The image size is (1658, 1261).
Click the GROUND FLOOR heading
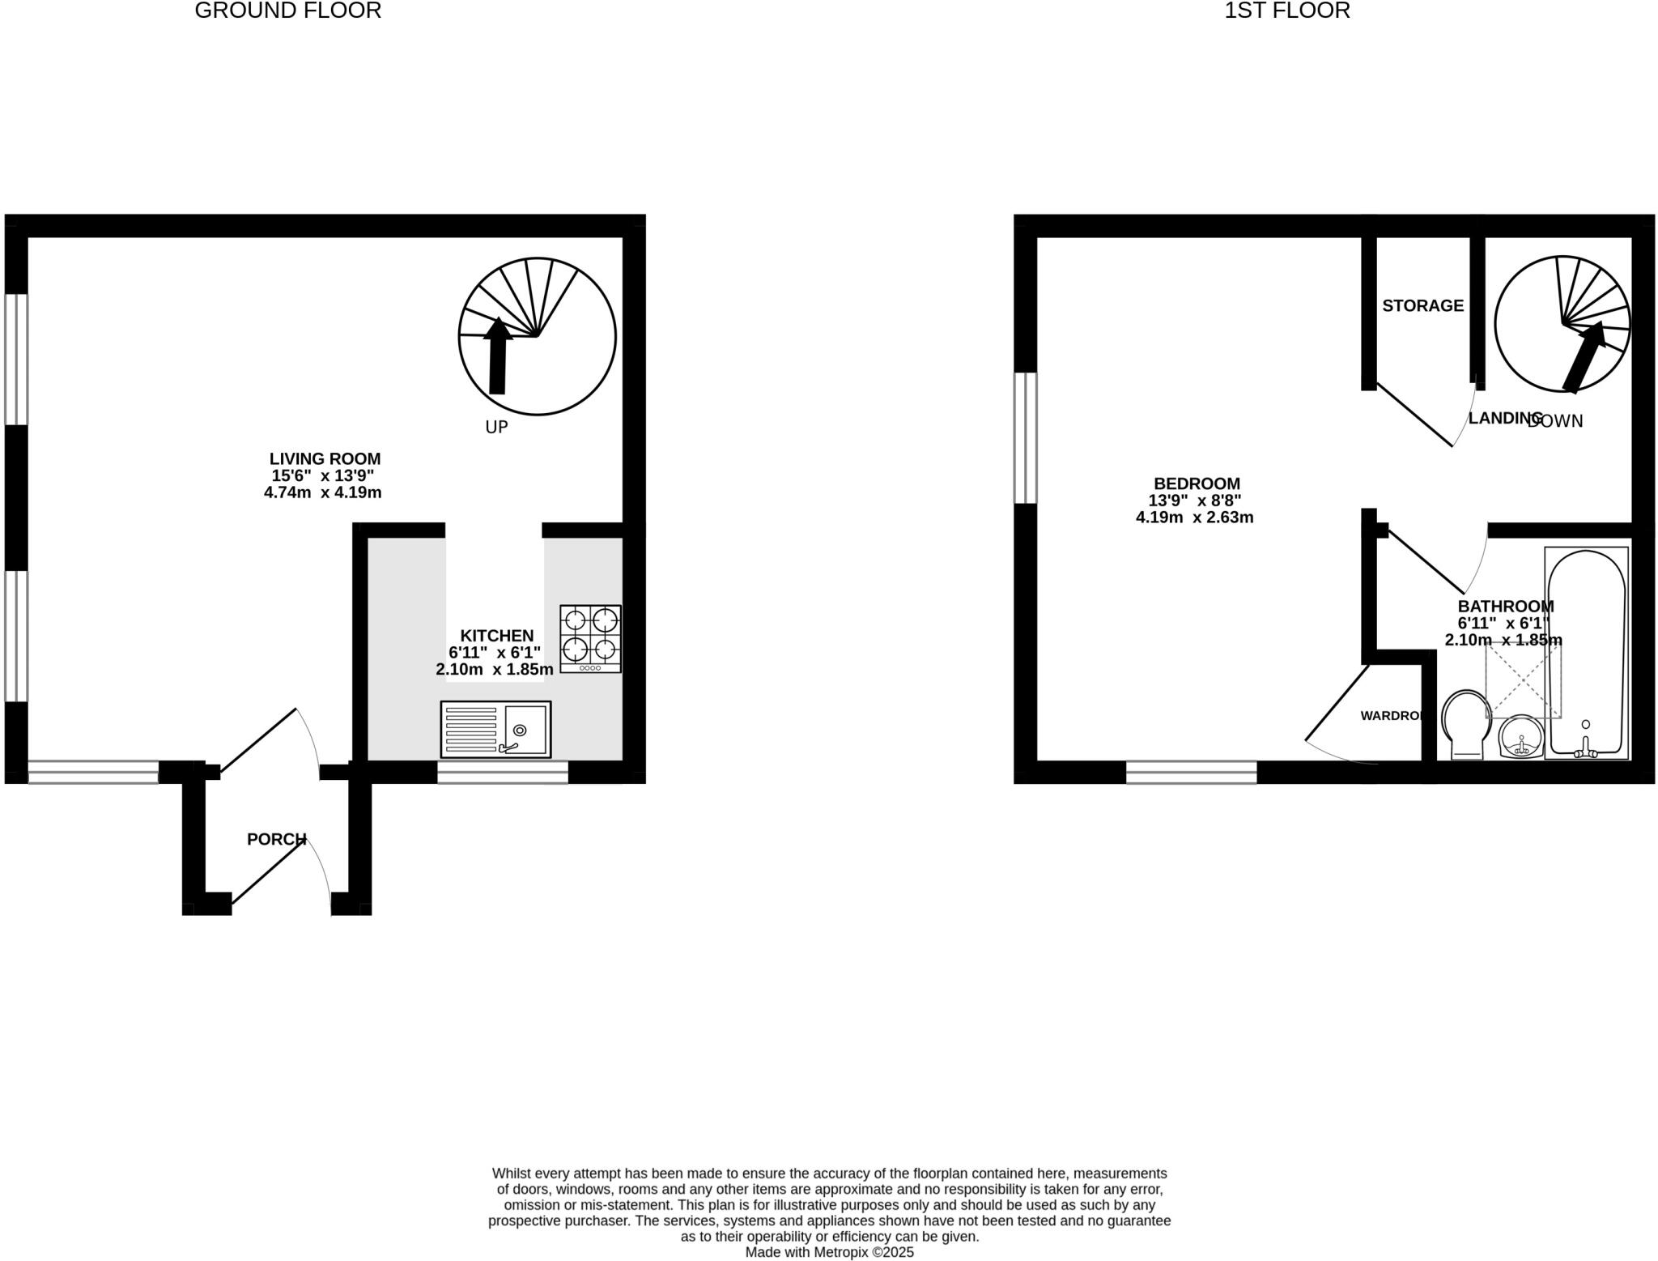pyautogui.click(x=287, y=11)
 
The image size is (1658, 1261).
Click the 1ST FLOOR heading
pyautogui.click(x=1286, y=11)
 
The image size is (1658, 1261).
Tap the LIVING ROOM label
pyautogui.click(x=325, y=459)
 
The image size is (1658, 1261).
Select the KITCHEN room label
pyautogui.click(x=496, y=636)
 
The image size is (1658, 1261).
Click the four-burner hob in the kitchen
pyautogui.click(x=590, y=638)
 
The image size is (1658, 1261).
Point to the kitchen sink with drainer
pyautogui.click(x=495, y=729)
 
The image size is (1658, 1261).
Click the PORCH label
pyautogui.click(x=276, y=839)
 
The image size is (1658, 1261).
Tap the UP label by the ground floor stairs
pyautogui.click(x=496, y=427)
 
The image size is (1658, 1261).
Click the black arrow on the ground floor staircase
pyautogui.click(x=497, y=356)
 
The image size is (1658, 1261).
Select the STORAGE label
pyautogui.click(x=1422, y=305)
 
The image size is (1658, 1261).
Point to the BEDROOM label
pyautogui.click(x=1197, y=484)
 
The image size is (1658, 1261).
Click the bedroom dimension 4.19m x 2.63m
pyautogui.click(x=1194, y=518)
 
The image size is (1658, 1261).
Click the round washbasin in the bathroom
pyautogui.click(x=1521, y=738)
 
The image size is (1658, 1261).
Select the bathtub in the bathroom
pyautogui.click(x=1586, y=652)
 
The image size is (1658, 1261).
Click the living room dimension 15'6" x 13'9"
pyautogui.click(x=322, y=476)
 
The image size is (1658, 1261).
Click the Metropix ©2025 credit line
pyautogui.click(x=829, y=1252)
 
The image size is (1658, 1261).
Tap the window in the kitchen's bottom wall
pyautogui.click(x=503, y=773)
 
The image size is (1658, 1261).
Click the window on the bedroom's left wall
pyautogui.click(x=1025, y=437)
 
